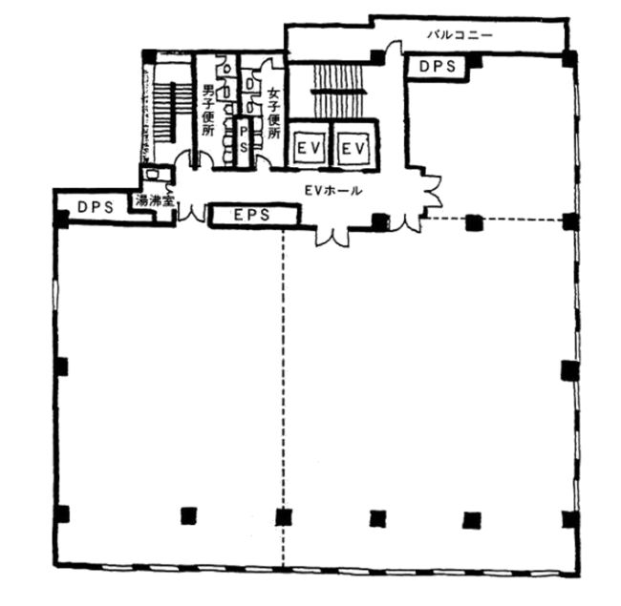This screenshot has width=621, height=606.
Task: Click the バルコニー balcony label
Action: coord(460,34)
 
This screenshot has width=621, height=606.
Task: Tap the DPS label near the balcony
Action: coord(438,67)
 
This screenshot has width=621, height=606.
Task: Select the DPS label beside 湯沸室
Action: coord(96,207)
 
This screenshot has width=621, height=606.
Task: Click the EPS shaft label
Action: coord(252,215)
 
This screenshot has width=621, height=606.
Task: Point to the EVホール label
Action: coord(333,191)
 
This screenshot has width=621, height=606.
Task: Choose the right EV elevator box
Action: coord(353,149)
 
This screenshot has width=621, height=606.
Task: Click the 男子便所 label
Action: coord(208,110)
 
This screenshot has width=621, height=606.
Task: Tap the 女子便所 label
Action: coord(274,113)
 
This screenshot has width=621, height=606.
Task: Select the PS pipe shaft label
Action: coord(244,139)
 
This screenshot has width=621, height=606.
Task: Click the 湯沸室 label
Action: coord(155,200)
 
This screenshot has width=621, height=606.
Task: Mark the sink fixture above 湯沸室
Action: coord(151,174)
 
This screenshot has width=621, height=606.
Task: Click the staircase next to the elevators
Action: coord(338,91)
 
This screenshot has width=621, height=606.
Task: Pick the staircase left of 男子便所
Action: coord(163,113)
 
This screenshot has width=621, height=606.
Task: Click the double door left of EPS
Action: coord(192,214)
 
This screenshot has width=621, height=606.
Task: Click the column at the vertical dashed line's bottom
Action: coord(284,516)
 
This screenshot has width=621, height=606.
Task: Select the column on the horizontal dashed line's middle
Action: coord(474,222)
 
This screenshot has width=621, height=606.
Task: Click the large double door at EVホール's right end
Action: coord(433,194)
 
